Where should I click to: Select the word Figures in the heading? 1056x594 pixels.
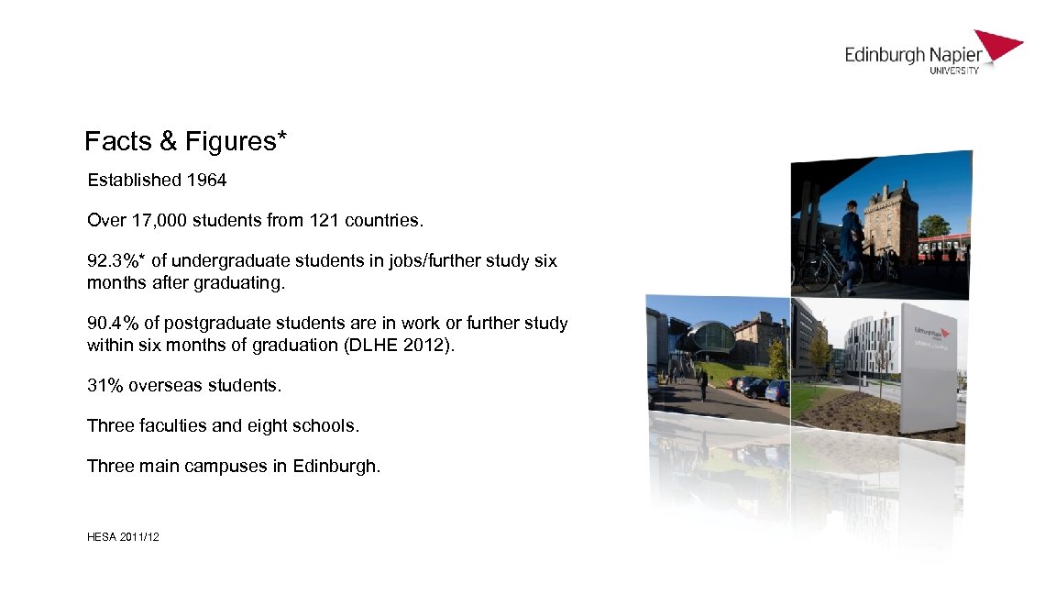coord(230,141)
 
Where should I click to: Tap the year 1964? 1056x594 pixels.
coord(206,181)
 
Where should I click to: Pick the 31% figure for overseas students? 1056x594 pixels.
coord(105,386)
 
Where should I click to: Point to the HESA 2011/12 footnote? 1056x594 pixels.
coord(123,536)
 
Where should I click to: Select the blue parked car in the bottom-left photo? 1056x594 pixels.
coord(777,392)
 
